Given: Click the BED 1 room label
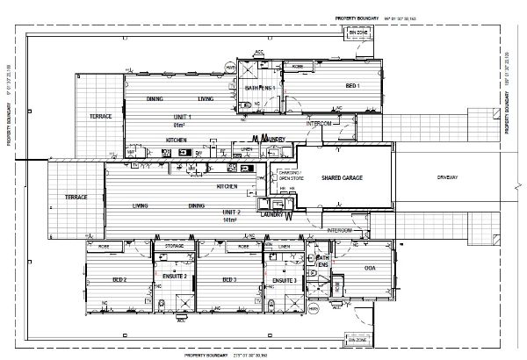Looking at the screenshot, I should click(351, 86).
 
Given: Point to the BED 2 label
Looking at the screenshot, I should click(119, 279).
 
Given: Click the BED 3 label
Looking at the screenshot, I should click(229, 279).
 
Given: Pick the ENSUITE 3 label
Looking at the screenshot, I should click(284, 279).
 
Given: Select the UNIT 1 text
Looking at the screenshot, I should click(184, 117).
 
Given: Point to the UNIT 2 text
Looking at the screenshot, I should click(231, 212).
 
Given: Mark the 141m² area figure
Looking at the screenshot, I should click(231, 220).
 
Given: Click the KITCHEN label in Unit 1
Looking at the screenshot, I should click(177, 140).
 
